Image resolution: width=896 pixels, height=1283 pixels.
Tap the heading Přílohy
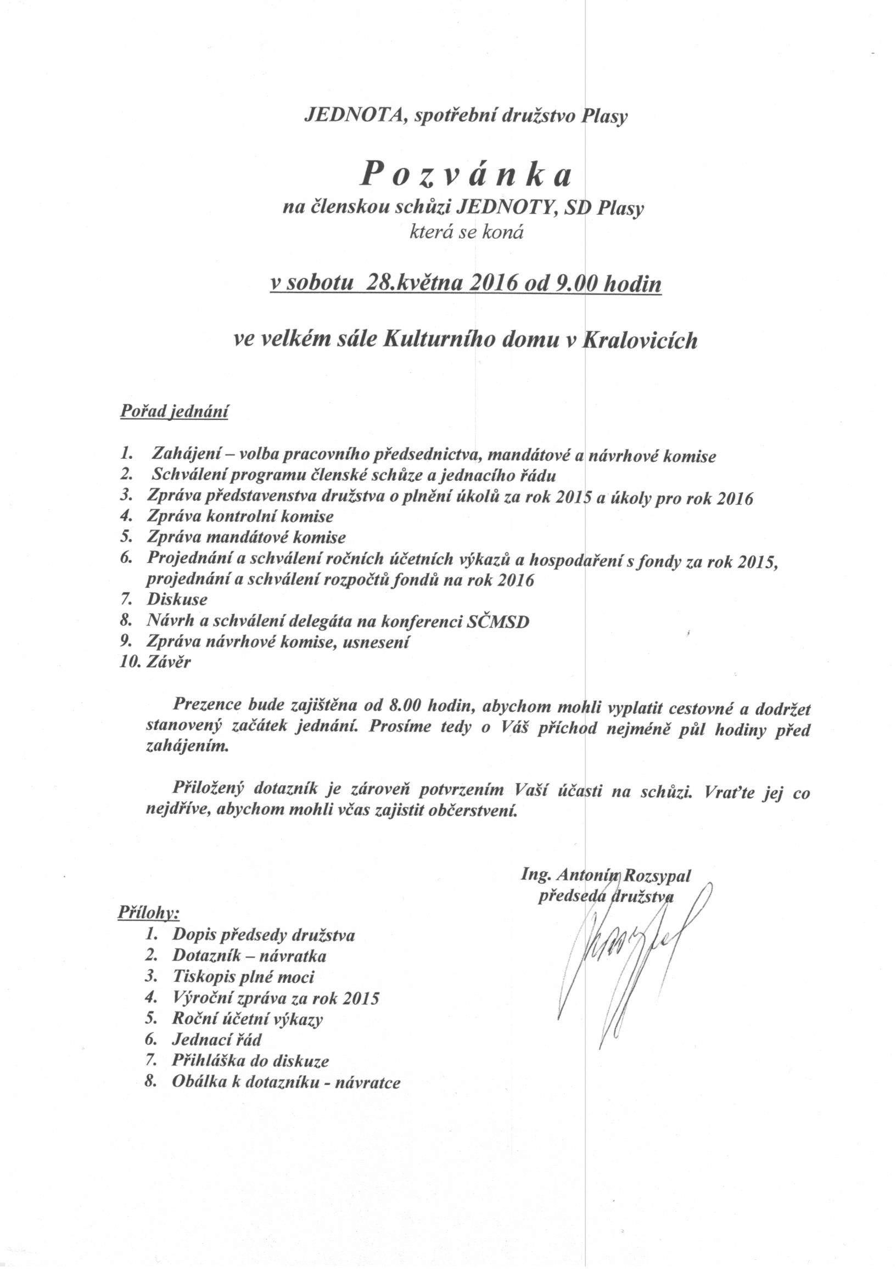[x=148, y=912]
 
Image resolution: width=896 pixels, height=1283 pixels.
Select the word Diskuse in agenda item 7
[x=177, y=600]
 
